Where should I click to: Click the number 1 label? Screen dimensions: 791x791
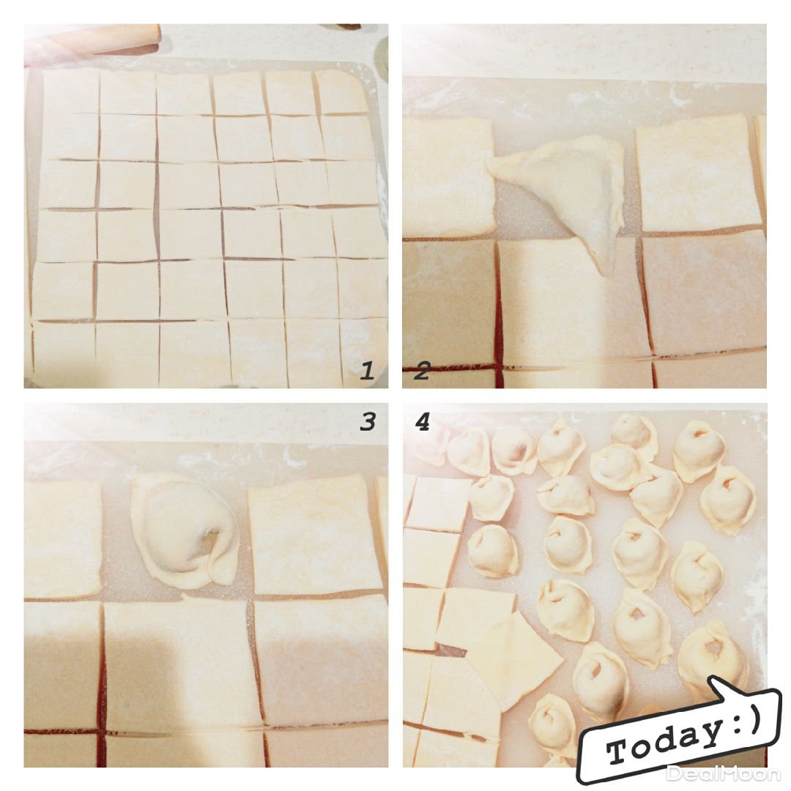[367, 371]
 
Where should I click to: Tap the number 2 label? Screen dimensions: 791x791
[421, 371]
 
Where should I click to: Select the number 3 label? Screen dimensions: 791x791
[368, 421]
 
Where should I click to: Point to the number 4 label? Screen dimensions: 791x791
[423, 421]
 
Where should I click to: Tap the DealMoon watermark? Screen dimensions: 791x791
[724, 773]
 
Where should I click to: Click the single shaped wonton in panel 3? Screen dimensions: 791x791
[185, 531]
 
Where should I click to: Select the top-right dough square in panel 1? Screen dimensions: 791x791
[341, 92]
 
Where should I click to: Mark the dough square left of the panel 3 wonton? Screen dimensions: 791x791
[62, 539]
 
